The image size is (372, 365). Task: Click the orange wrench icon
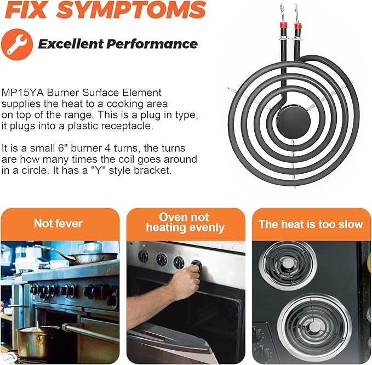[x=17, y=44]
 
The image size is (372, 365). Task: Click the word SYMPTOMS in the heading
[x=131, y=10]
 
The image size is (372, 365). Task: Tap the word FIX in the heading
[x=26, y=10]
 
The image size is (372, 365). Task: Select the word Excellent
[x=71, y=44]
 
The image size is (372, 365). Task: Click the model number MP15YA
[x=23, y=93]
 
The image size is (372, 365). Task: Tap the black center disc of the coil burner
[x=293, y=121]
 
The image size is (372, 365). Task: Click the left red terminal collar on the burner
[x=283, y=25]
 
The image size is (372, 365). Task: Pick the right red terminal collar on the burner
[x=297, y=26]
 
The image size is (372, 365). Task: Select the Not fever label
[x=58, y=224]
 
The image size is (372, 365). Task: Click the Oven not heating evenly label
[x=185, y=223]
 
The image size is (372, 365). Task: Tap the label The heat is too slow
[x=311, y=224]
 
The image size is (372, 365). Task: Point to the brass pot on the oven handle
[x=33, y=339]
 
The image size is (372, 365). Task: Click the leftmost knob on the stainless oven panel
[x=144, y=256]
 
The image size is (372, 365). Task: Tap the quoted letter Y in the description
[x=98, y=170]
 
